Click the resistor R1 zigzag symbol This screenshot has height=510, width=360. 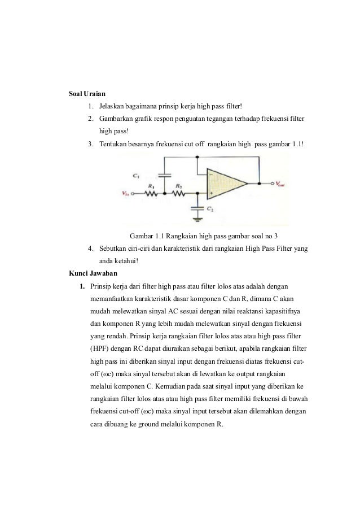[151, 193]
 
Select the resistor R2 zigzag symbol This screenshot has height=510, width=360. [179, 193]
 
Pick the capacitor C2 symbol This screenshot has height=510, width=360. [197, 207]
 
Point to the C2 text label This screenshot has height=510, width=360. [210, 209]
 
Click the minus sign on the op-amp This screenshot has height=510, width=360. [210, 174]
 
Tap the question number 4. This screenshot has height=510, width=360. [91, 249]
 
